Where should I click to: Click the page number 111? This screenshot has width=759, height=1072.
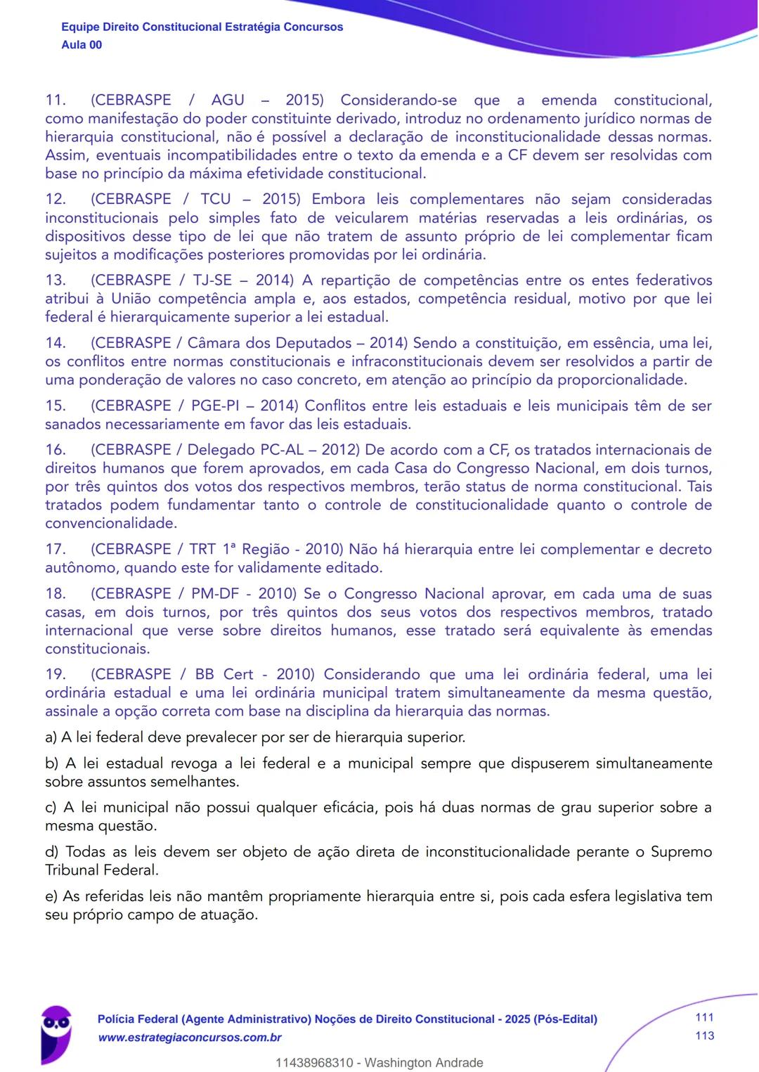pyautogui.click(x=704, y=1017)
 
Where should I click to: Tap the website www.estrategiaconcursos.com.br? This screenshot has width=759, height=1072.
pyautogui.click(x=190, y=1038)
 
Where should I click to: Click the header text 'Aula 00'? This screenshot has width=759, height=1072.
pyautogui.click(x=82, y=45)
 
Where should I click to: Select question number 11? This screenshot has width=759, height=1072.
pyautogui.click(x=55, y=101)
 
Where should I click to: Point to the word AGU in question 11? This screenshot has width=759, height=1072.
pyautogui.click(x=228, y=101)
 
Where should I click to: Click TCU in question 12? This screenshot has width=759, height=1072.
pyautogui.click(x=216, y=200)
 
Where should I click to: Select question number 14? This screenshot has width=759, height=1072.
pyautogui.click(x=55, y=343)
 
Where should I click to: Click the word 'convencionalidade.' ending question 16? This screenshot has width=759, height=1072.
pyautogui.click(x=111, y=524)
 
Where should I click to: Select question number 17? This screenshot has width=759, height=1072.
pyautogui.click(x=55, y=550)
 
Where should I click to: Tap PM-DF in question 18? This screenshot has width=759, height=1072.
pyautogui.click(x=215, y=594)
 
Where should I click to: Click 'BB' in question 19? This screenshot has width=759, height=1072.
pyautogui.click(x=205, y=675)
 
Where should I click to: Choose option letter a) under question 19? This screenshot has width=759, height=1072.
pyautogui.click(x=51, y=737)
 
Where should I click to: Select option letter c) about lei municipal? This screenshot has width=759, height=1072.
pyautogui.click(x=51, y=808)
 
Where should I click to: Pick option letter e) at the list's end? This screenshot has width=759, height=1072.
pyautogui.click(x=51, y=896)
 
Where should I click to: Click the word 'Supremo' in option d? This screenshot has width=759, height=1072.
pyautogui.click(x=681, y=852)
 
